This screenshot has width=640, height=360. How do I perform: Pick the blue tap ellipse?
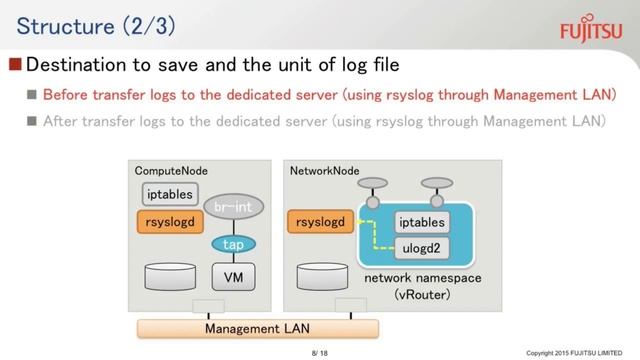tap(232, 244)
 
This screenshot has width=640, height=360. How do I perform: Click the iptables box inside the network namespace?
tap(423, 221)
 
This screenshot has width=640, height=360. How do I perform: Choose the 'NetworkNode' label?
tap(324, 171)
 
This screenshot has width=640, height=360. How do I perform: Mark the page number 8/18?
tap(320, 352)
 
